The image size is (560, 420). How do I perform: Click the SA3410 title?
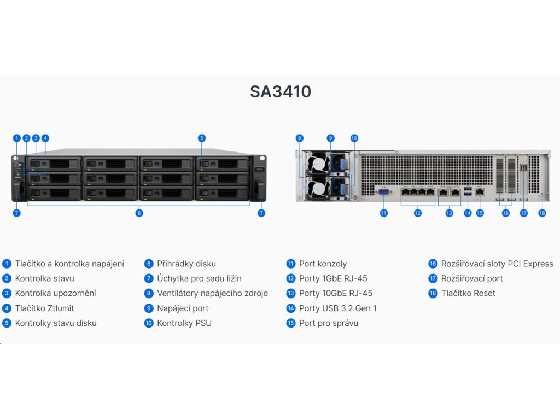[281, 91]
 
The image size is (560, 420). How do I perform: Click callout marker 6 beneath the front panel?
[139, 213]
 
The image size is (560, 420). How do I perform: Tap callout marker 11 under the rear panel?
[383, 213]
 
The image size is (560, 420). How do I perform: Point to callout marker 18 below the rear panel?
[542, 213]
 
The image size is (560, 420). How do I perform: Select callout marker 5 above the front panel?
[202, 138]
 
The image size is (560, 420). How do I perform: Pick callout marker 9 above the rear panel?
[330, 138]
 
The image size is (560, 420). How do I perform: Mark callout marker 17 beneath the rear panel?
[524, 213]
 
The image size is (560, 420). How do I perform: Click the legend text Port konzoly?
[323, 264]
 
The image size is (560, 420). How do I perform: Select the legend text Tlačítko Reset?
[468, 293]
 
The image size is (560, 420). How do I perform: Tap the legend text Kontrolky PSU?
[184, 323]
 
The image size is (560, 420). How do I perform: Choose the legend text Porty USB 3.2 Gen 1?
[337, 308]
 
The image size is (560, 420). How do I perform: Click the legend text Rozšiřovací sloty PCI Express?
[497, 264]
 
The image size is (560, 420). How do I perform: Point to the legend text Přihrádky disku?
[186, 264]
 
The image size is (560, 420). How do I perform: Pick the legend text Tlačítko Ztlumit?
[44, 308]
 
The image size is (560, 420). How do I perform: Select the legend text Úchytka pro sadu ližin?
[199, 278]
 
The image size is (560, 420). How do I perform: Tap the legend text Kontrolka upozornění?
[55, 293]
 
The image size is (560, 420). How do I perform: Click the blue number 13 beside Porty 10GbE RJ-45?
[290, 293]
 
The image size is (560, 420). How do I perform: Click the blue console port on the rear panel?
[383, 191]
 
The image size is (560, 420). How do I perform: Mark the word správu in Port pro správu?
[345, 323]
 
